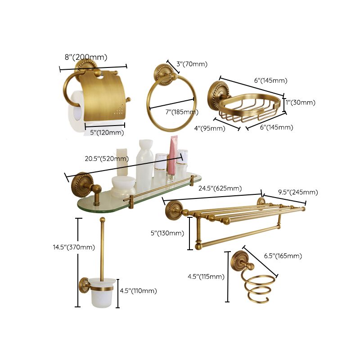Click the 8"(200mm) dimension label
pos(86,57)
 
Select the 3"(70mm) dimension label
pos(192,64)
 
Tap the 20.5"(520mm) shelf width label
pos(106,158)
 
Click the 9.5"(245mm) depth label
pos(298,192)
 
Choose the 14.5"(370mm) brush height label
pos(74,247)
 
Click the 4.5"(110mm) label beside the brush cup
pos(138,291)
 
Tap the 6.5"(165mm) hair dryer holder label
pos(283,256)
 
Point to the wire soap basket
pos(250,108)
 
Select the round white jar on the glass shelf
pos(124,184)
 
